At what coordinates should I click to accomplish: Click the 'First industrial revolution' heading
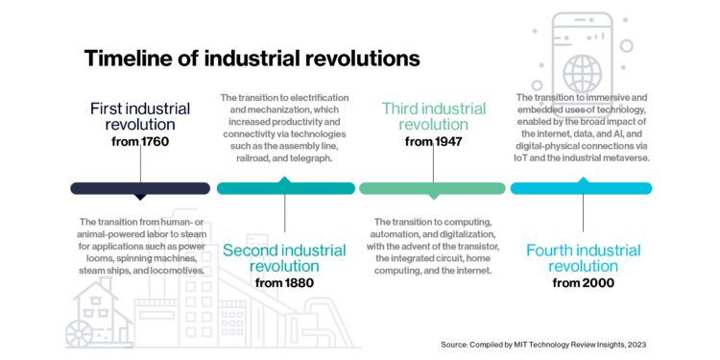[x=140, y=117]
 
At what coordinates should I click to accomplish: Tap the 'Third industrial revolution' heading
[x=432, y=116]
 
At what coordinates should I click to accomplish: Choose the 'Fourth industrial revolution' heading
[x=584, y=258]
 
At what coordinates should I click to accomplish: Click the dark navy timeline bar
[x=140, y=188]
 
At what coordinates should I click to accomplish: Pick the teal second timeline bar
[x=286, y=188]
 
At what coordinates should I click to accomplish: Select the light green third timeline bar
[x=432, y=188]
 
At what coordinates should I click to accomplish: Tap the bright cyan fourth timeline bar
[x=581, y=188]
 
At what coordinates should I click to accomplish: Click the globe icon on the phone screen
[x=582, y=72]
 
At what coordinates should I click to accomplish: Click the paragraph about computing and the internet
[x=432, y=246]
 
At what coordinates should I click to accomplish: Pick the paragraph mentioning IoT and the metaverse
[x=582, y=127]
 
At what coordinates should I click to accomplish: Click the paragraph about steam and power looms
[x=140, y=246]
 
